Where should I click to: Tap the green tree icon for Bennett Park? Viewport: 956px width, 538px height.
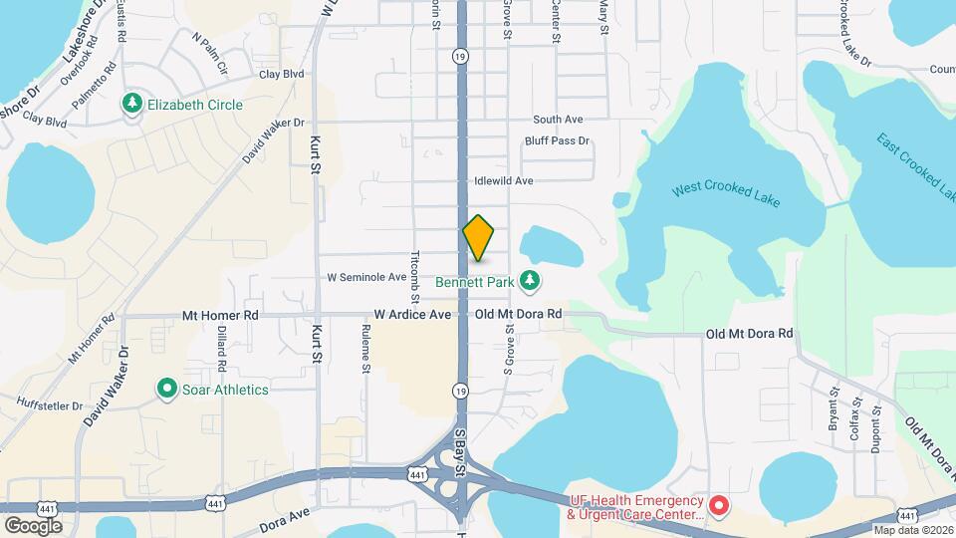point(532,282)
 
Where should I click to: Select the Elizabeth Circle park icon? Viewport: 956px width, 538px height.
point(131,104)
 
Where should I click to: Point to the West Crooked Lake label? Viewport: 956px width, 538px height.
point(726,193)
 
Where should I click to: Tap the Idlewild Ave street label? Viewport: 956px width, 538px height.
point(504,181)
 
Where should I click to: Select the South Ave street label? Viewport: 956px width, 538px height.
point(557,120)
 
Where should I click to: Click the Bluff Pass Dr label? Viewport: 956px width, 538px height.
point(557,141)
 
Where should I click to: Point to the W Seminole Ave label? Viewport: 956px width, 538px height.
point(366,277)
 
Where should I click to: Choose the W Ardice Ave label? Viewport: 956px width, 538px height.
point(412,314)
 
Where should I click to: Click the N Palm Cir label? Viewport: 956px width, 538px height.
point(210,54)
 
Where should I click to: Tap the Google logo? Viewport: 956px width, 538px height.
point(33,525)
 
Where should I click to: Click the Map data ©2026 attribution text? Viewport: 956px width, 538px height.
point(912,530)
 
